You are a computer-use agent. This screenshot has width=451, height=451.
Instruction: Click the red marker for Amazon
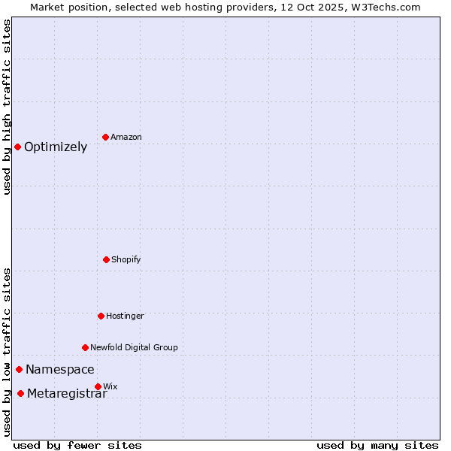click(105, 137)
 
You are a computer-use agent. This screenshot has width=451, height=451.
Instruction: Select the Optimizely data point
click(17, 147)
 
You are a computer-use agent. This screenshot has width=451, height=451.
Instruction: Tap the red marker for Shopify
click(106, 259)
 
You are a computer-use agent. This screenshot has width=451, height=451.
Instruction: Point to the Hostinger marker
click(101, 316)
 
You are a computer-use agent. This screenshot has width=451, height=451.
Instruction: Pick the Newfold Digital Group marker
click(85, 347)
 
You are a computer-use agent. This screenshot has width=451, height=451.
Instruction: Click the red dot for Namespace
click(19, 369)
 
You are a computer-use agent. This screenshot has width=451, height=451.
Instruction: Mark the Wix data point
click(98, 386)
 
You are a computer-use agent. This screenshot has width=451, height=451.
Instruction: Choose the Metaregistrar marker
click(20, 393)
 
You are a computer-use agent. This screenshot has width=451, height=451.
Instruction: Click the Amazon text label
click(126, 137)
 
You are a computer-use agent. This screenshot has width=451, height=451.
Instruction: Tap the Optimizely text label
click(56, 147)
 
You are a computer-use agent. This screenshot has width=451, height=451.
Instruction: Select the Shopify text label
click(126, 259)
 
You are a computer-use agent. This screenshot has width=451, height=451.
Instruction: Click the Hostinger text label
click(125, 316)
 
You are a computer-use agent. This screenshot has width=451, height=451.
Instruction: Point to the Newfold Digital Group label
click(134, 347)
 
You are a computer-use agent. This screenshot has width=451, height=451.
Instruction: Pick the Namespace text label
click(60, 369)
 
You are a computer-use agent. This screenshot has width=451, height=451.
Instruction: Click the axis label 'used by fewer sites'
click(77, 445)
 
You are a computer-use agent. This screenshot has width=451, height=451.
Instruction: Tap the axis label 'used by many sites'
click(377, 445)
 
